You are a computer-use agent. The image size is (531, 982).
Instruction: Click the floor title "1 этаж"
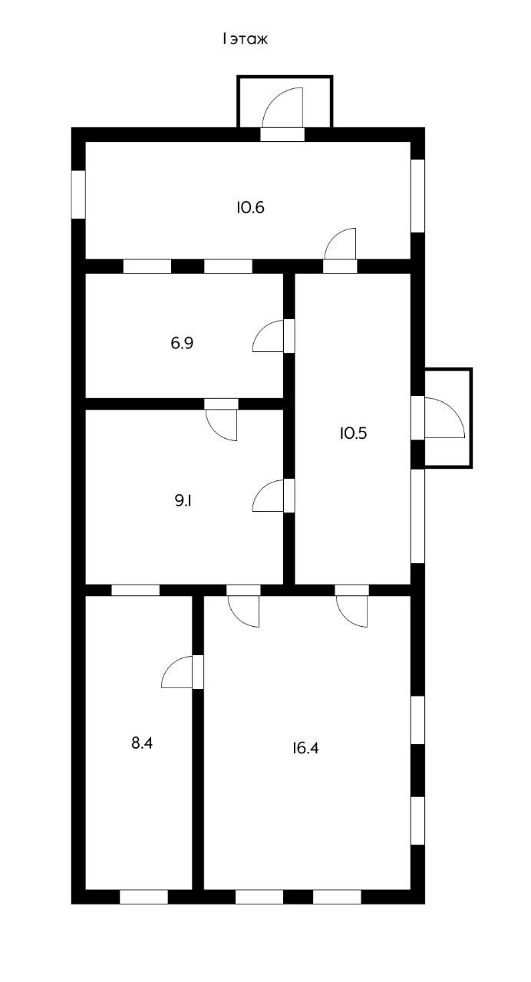tap(245, 38)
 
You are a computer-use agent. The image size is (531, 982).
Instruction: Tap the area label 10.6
tap(251, 207)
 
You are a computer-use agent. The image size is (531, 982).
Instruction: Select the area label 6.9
tap(182, 343)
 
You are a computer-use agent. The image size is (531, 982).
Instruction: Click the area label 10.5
tap(354, 433)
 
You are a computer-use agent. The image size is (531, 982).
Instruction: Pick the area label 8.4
tap(143, 743)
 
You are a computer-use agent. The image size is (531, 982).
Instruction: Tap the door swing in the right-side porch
tap(444, 418)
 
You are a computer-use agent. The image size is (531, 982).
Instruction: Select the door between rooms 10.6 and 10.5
tap(341, 247)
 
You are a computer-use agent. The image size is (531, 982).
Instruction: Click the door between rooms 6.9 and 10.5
tap(269, 336)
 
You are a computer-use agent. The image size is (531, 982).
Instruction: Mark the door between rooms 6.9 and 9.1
tap(222, 423)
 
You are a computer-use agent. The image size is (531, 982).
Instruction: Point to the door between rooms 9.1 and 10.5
tap(269, 496)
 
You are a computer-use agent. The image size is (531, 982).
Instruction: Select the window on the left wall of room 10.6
tap(78, 194)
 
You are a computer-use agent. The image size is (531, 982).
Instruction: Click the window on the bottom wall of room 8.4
tap(143, 896)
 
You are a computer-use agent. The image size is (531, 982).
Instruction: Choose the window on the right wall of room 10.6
tap(417, 195)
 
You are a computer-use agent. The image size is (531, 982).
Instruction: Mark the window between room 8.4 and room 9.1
tap(136, 590)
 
